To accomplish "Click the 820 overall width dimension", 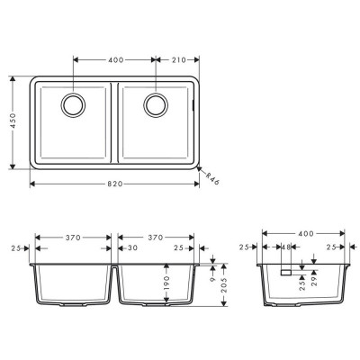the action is click(115, 184).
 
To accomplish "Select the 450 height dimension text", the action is click(13, 121).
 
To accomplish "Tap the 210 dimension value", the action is click(179, 60).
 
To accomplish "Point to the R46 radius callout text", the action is click(212, 178).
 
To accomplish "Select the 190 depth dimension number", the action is click(166, 283).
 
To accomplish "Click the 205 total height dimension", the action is click(224, 284).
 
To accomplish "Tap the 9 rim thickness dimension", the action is click(212, 279).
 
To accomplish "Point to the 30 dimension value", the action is click(132, 247).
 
